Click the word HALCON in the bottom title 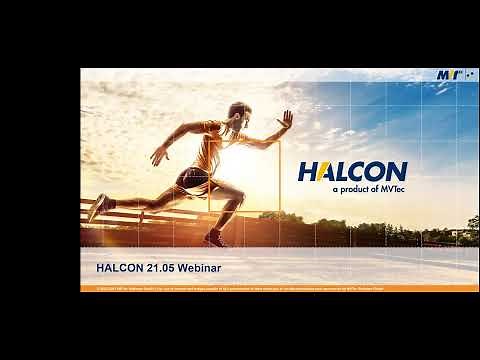pyautogui.click(x=119, y=268)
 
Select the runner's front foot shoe pyautogui.click(x=214, y=238)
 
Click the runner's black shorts pyautogui.click(x=192, y=182)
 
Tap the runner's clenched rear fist pyautogui.click(x=158, y=156)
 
